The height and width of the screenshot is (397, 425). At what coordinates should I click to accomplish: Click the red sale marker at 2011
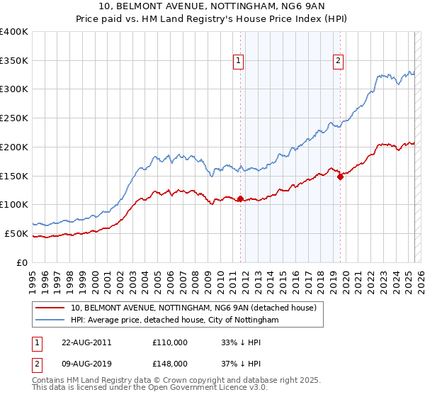pyautogui.click(x=240, y=198)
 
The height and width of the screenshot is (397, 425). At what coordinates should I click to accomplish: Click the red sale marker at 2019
pyautogui.click(x=340, y=177)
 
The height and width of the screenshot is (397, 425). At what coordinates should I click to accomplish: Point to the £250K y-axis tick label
pyautogui.click(x=14, y=118)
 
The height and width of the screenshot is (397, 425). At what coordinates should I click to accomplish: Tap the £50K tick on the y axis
pyautogui.click(x=17, y=233)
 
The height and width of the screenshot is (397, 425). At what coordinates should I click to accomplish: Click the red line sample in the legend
pyautogui.click(x=51, y=308)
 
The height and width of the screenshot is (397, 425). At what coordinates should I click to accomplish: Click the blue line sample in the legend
pyautogui.click(x=51, y=320)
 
